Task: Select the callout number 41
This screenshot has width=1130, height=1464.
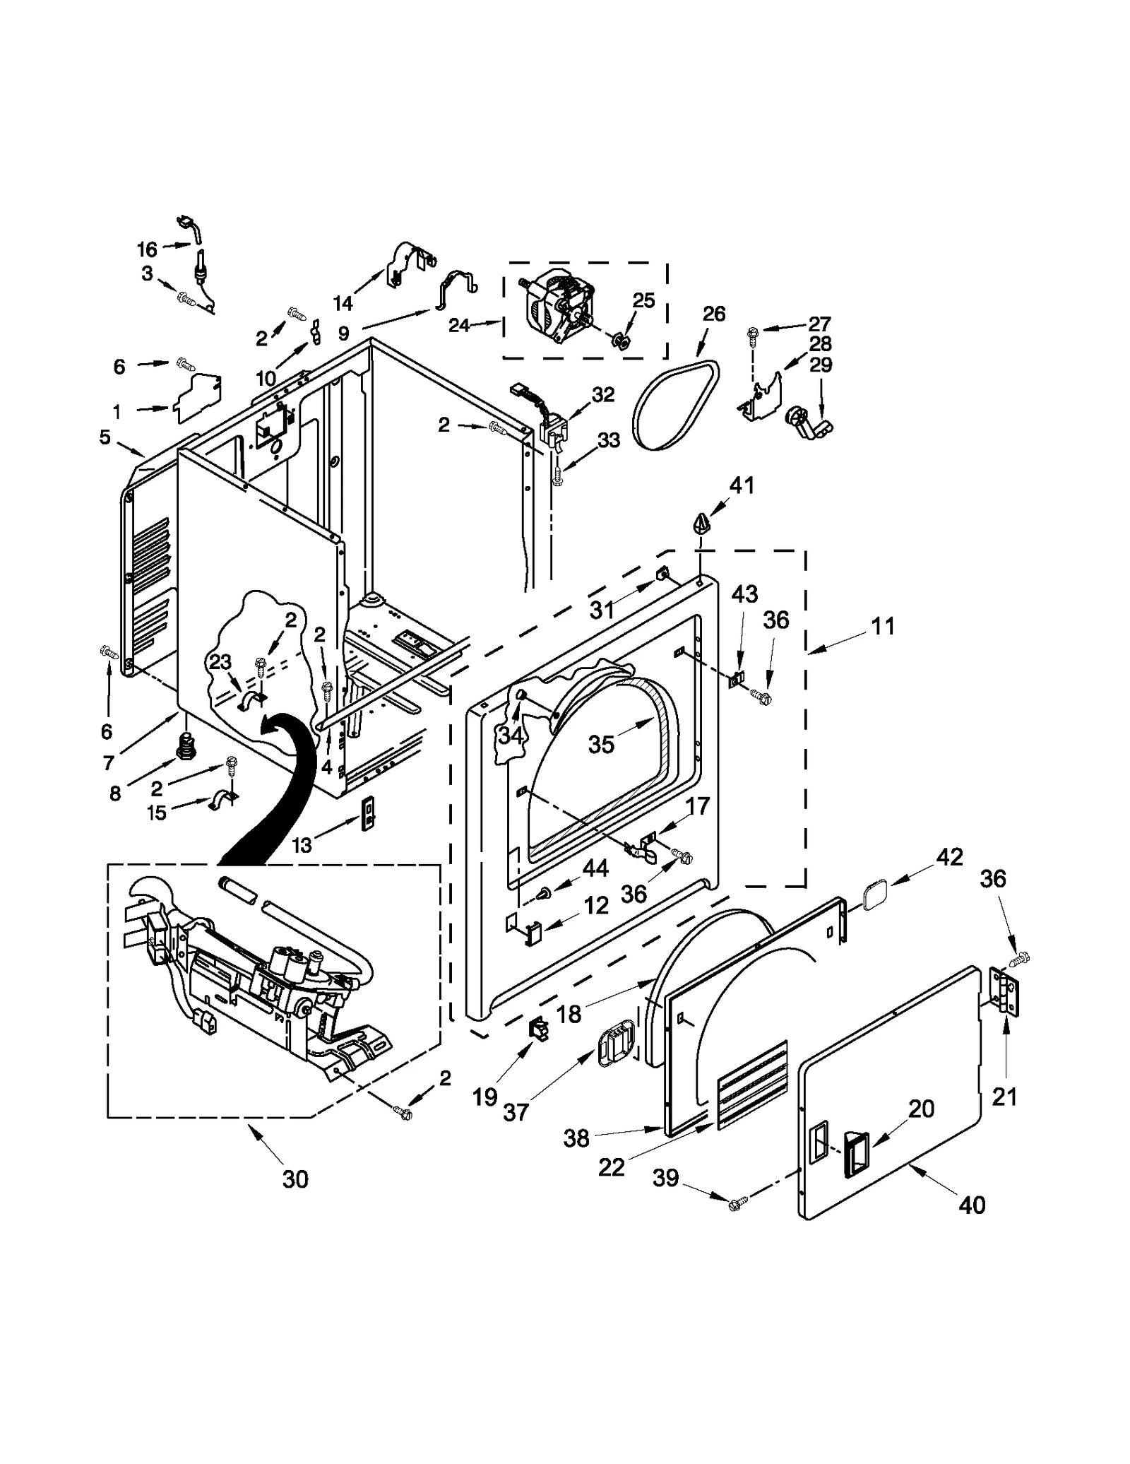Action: [742, 485]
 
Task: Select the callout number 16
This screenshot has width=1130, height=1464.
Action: [147, 249]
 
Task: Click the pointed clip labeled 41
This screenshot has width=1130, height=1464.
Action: [701, 525]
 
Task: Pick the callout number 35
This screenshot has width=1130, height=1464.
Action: [601, 744]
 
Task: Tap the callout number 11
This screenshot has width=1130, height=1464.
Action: [883, 626]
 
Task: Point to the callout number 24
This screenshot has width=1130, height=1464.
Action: [459, 326]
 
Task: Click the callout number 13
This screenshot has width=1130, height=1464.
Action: [302, 845]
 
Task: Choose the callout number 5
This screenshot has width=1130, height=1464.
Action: [105, 437]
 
